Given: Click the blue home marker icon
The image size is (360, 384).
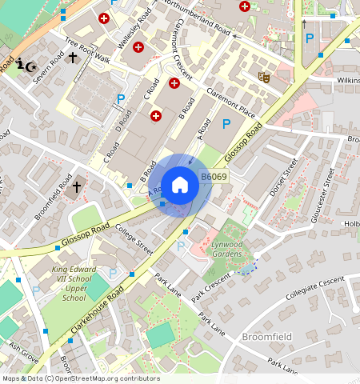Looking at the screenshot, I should pyautogui.click(x=180, y=185).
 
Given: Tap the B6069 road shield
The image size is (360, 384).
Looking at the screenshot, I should pyautogui.click(x=213, y=177).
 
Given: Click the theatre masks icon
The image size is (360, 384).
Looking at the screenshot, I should pyautogui.click(x=263, y=77).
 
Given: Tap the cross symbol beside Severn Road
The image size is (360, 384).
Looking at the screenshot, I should pyautogui.click(x=73, y=58).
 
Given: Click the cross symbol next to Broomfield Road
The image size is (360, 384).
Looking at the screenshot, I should pyautogui.click(x=77, y=187).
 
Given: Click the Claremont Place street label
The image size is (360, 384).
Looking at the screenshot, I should pyautogui.click(x=230, y=111).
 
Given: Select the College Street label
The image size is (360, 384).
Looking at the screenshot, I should pyautogui.click(x=133, y=240).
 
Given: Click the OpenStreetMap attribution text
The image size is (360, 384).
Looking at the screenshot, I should pyautogui.click(x=80, y=378).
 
